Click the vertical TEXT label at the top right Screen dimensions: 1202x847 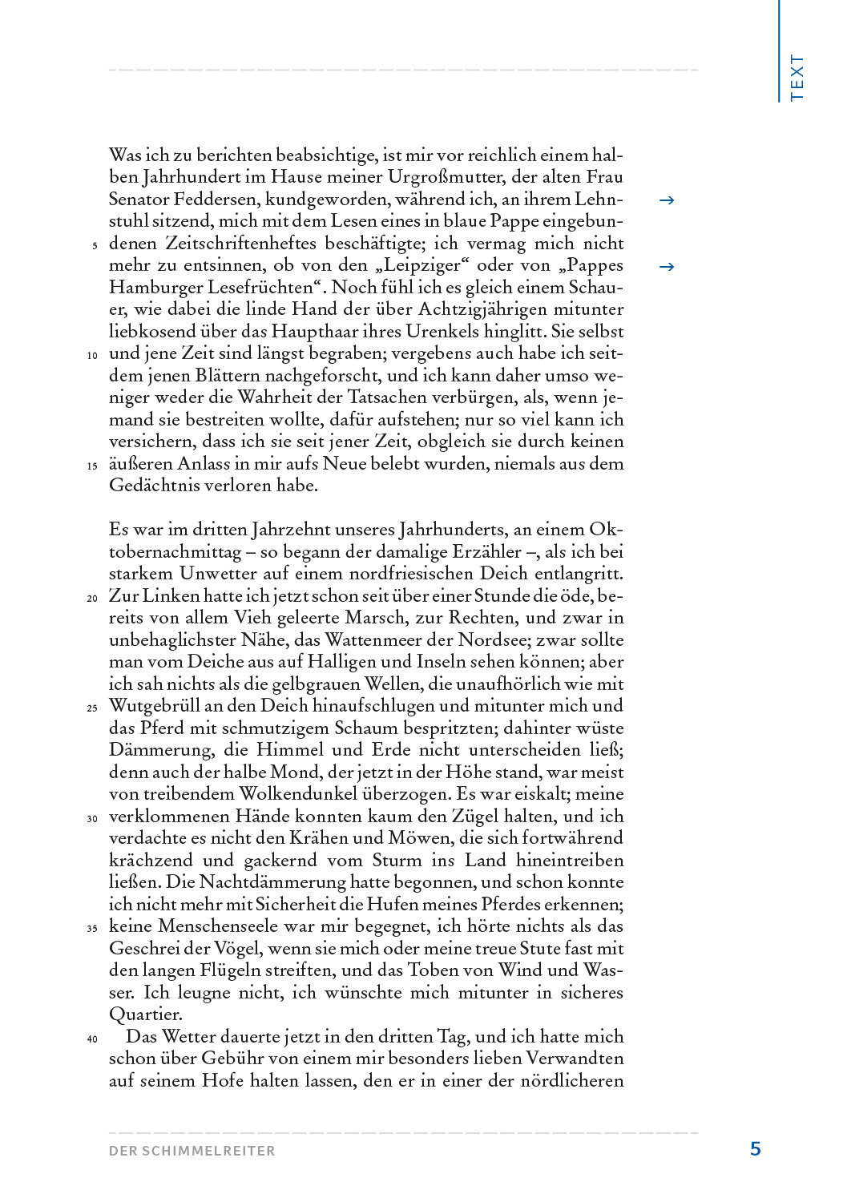point(797,77)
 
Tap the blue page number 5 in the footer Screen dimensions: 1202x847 point(755,1148)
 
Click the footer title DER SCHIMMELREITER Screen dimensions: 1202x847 point(192,1151)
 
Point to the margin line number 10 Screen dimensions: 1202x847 point(92,355)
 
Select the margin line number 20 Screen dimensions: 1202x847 point(92,598)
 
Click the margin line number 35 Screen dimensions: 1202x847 point(92,928)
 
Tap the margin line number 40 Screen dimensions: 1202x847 point(92,1039)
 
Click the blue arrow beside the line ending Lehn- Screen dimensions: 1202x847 point(666,200)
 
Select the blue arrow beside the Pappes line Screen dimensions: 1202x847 point(666,267)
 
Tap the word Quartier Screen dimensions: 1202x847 point(145,1014)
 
